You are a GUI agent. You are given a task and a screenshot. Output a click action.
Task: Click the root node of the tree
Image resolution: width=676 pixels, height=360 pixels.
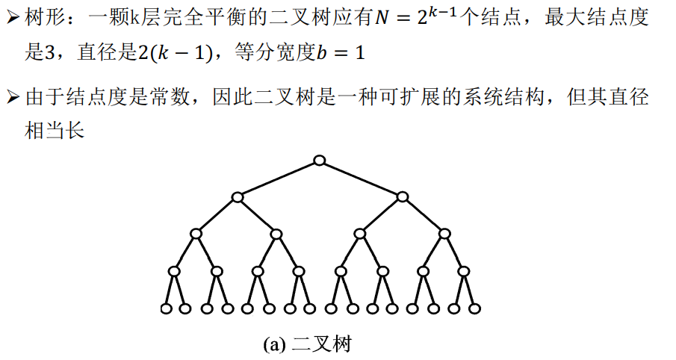click(x=320, y=161)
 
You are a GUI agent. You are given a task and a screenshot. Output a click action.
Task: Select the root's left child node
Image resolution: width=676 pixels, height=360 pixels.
click(x=238, y=197)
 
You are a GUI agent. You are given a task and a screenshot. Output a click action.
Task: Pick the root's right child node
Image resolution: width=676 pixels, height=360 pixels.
click(x=403, y=197)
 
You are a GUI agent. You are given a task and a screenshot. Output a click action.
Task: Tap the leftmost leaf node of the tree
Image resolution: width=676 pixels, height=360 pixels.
click(x=166, y=308)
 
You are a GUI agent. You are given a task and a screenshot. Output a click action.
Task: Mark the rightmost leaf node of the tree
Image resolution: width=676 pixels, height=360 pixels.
click(x=474, y=308)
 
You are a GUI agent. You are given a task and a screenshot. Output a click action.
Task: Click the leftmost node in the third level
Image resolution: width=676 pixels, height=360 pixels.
click(x=196, y=234)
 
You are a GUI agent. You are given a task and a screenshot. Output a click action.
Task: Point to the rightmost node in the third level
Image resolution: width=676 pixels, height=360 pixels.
click(x=445, y=234)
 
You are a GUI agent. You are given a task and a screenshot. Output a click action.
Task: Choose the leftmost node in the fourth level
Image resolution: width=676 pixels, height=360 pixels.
click(x=175, y=270)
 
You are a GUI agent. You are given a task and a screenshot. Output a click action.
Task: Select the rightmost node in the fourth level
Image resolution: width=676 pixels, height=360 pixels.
click(x=465, y=270)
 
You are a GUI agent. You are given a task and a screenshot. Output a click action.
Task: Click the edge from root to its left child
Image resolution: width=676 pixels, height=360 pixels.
click(x=279, y=179)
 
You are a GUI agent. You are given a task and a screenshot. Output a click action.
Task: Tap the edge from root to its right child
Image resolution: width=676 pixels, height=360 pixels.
click(x=362, y=179)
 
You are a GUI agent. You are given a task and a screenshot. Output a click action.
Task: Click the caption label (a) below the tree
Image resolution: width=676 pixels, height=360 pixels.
click(x=275, y=344)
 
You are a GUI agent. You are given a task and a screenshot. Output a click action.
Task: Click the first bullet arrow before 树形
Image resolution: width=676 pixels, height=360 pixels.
click(x=12, y=19)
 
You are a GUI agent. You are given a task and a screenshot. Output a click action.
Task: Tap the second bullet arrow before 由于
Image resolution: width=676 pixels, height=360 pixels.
click(x=12, y=98)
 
